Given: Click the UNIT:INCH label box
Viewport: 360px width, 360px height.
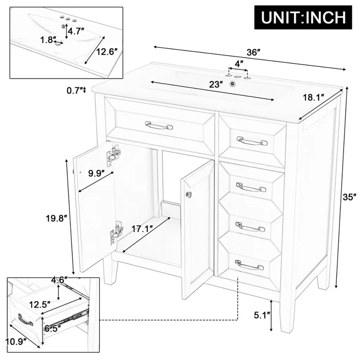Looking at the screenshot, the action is point(303,17).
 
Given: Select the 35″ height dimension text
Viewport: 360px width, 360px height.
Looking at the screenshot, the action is point(349,197).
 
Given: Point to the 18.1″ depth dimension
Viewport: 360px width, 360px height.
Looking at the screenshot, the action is point(313,97).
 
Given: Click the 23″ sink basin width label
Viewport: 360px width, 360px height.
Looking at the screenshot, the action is point(216,84).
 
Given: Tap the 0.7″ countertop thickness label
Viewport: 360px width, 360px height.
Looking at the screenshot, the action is point(75,90).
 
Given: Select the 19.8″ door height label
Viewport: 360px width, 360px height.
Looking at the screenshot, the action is point(56,218).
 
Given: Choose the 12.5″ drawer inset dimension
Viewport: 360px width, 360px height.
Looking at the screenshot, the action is point(40,304).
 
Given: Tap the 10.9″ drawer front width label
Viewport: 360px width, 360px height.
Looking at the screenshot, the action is point(15,342).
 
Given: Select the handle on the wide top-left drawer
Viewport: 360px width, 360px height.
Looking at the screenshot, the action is point(159,126).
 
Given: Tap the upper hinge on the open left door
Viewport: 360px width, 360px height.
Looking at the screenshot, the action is point(114,155).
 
